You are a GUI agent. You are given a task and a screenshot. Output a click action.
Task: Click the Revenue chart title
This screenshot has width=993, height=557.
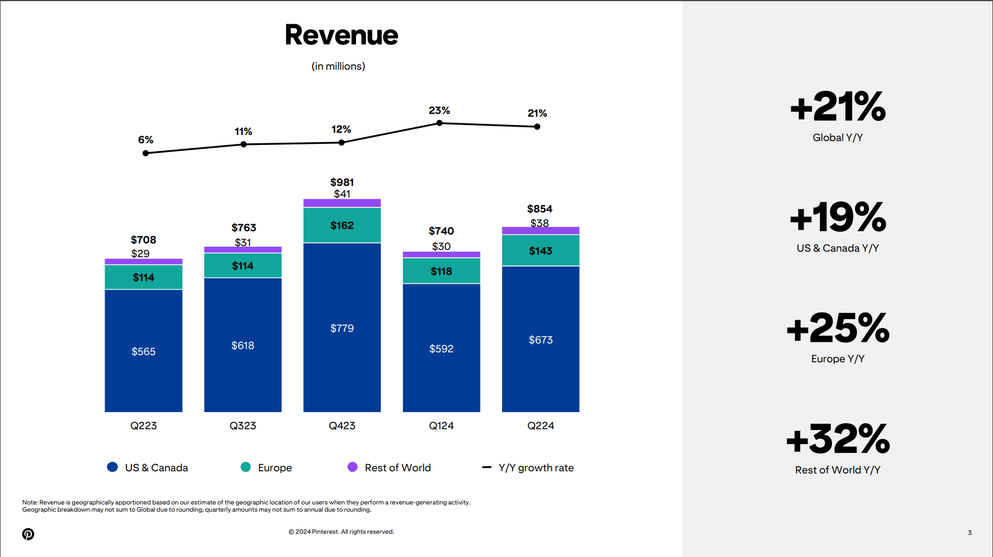pyautogui.click(x=341, y=35)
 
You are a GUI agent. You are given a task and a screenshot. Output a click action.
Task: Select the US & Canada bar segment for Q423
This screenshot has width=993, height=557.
pyautogui.click(x=342, y=327)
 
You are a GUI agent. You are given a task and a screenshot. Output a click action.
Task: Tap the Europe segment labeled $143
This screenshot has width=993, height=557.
pyautogui.click(x=540, y=251)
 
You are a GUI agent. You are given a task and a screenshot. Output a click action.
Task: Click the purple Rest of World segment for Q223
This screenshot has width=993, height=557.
pyautogui.click(x=143, y=261)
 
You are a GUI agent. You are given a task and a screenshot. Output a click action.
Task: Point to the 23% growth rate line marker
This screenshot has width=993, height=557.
pyautogui.click(x=439, y=123)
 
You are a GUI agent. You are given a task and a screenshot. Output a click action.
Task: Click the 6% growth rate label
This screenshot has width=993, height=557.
pyautogui.click(x=146, y=139)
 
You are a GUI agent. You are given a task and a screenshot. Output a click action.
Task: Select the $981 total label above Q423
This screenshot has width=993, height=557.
pyautogui.click(x=342, y=182)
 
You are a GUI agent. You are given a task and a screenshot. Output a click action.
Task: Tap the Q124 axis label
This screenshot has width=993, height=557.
pyautogui.click(x=441, y=425)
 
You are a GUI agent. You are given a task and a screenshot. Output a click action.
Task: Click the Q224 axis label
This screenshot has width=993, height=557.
pyautogui.click(x=540, y=425)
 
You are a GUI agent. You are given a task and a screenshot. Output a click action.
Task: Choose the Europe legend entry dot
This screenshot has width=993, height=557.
pyautogui.click(x=246, y=467)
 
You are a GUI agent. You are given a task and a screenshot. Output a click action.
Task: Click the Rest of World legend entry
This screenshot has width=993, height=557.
pyautogui.click(x=390, y=467)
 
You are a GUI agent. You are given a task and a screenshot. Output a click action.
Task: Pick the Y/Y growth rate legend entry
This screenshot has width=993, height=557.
pyautogui.click(x=528, y=467)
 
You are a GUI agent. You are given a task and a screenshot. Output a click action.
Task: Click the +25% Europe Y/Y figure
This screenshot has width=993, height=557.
pyautogui.click(x=837, y=328)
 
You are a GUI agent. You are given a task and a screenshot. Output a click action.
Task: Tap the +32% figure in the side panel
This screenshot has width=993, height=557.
pyautogui.click(x=837, y=439)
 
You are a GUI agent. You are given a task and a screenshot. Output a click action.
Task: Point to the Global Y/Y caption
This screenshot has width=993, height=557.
pyautogui.click(x=837, y=137)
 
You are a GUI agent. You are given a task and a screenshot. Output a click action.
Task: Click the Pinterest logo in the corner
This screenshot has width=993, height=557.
pyautogui.click(x=28, y=534)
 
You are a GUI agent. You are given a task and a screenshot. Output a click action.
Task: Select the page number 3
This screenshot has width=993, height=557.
pyautogui.click(x=970, y=533)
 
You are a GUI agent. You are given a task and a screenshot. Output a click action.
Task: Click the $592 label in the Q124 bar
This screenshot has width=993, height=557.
pyautogui.click(x=441, y=348)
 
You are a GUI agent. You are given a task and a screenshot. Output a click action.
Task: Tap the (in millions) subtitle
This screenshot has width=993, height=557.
pyautogui.click(x=338, y=66)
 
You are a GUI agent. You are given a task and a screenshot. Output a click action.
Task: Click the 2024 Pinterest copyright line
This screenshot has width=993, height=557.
pyautogui.click(x=341, y=532)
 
